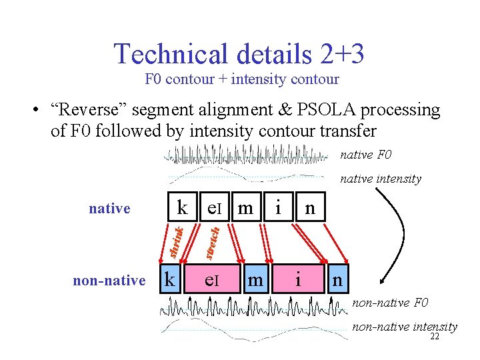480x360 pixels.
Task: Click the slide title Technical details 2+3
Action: click(239, 53)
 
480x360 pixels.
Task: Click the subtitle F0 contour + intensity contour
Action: click(242, 79)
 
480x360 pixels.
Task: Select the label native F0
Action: click(366, 155)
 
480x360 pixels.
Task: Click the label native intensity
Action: click(381, 178)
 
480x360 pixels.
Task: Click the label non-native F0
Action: click(390, 304)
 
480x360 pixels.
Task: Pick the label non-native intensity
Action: click(405, 327)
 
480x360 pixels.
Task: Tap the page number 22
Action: click(434, 337)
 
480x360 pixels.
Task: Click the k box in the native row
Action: click(182, 208)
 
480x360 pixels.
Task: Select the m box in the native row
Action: click(245, 208)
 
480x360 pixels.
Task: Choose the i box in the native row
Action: click(277, 208)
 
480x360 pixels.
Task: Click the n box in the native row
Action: click(309, 208)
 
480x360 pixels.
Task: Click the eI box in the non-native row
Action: click(211, 281)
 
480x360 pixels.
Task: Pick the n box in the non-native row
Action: click(337, 281)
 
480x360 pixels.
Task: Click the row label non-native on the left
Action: click(109, 281)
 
